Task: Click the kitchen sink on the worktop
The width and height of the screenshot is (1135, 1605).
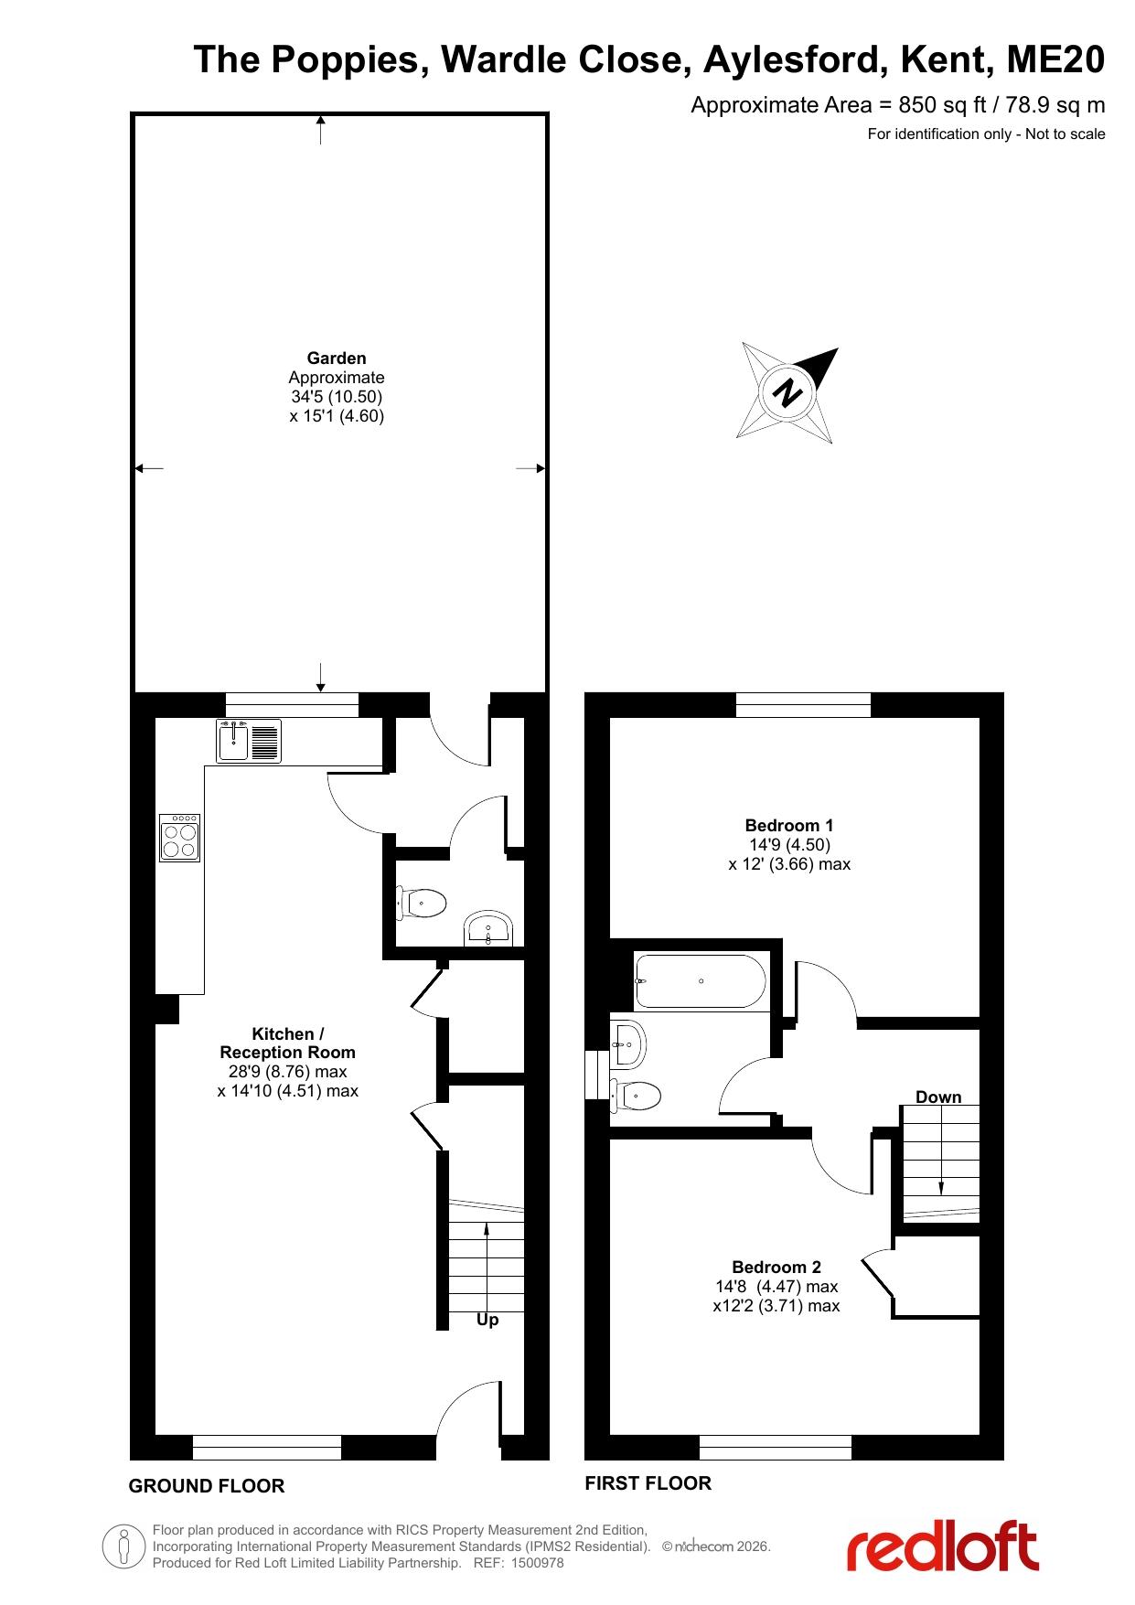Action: point(249,741)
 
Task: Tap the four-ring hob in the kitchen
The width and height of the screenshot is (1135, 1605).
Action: point(179,838)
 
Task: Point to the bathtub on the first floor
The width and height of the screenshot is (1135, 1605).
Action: point(701,981)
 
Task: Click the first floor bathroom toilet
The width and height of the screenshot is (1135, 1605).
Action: point(635,1095)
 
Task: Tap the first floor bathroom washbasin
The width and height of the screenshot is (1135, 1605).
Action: point(628,1043)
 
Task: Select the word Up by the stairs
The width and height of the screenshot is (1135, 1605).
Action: point(487,1321)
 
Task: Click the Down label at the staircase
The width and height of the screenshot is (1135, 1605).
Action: point(938,1097)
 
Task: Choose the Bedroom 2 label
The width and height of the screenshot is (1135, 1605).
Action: point(776,1268)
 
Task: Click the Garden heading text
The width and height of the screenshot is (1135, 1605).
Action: point(337,358)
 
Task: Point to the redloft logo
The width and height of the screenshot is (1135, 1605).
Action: point(942,1546)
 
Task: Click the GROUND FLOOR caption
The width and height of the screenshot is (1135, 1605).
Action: point(207,1486)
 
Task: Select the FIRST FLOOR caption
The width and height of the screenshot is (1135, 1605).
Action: point(648,1483)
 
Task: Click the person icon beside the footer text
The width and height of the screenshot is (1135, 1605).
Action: point(124,1546)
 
